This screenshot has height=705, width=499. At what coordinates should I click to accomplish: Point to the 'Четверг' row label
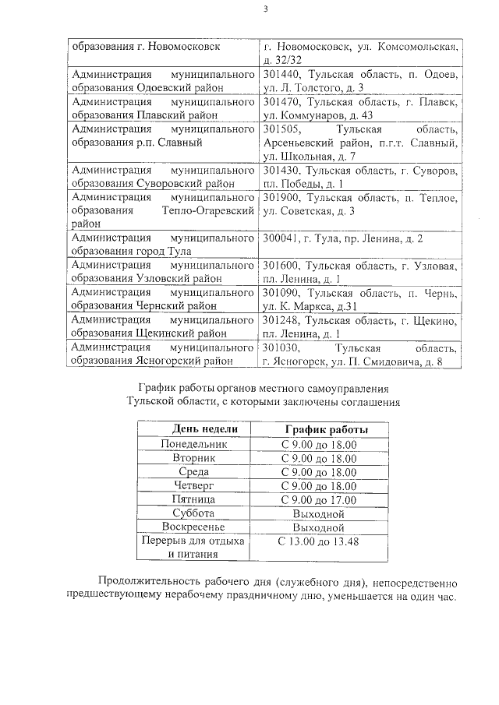tap(194, 485)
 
